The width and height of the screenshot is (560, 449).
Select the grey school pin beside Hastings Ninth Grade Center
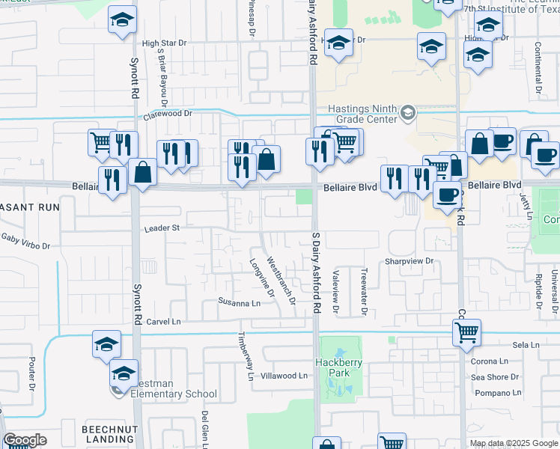(408, 113)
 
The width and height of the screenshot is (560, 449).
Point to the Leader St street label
(162, 227)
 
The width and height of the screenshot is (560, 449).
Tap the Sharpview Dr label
(410, 261)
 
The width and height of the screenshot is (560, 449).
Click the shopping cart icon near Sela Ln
(466, 331)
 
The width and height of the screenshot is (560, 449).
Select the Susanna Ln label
(239, 303)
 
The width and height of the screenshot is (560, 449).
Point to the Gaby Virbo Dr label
(25, 241)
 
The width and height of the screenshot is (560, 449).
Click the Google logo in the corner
(25, 440)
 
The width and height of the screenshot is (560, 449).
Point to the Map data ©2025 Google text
(514, 443)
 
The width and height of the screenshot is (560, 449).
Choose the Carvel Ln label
(164, 321)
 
